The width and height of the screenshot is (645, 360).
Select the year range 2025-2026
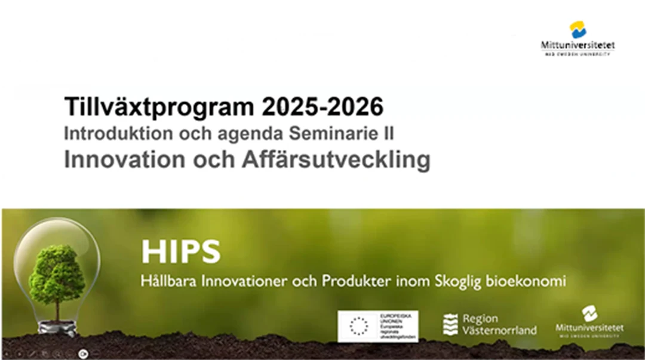pyautogui.click(x=322, y=107)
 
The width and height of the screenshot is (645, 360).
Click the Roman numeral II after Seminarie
pyautogui.click(x=388, y=134)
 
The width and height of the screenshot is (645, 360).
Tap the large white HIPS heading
pyautogui.click(x=180, y=252)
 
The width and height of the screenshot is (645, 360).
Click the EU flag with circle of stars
pyautogui.click(x=358, y=326)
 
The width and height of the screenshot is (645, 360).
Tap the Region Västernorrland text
pyautogui.click(x=499, y=324)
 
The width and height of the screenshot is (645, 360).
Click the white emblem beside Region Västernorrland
pyautogui.click(x=450, y=324)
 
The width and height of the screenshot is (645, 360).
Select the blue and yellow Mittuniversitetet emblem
pyautogui.click(x=578, y=29)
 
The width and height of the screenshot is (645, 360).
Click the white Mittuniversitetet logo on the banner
pyautogui.click(x=589, y=322)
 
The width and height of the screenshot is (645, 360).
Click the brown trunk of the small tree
pyautogui.click(x=57, y=309)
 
